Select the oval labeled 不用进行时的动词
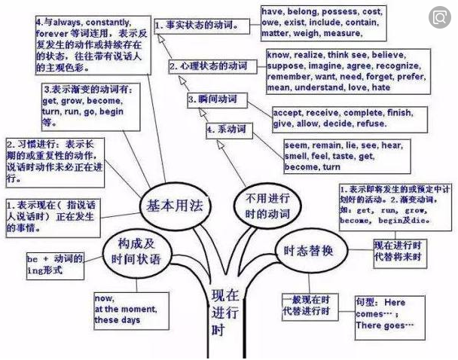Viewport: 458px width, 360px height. (252, 206)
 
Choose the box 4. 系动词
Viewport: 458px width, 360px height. (227, 130)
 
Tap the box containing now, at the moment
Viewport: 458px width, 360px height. (127, 309)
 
